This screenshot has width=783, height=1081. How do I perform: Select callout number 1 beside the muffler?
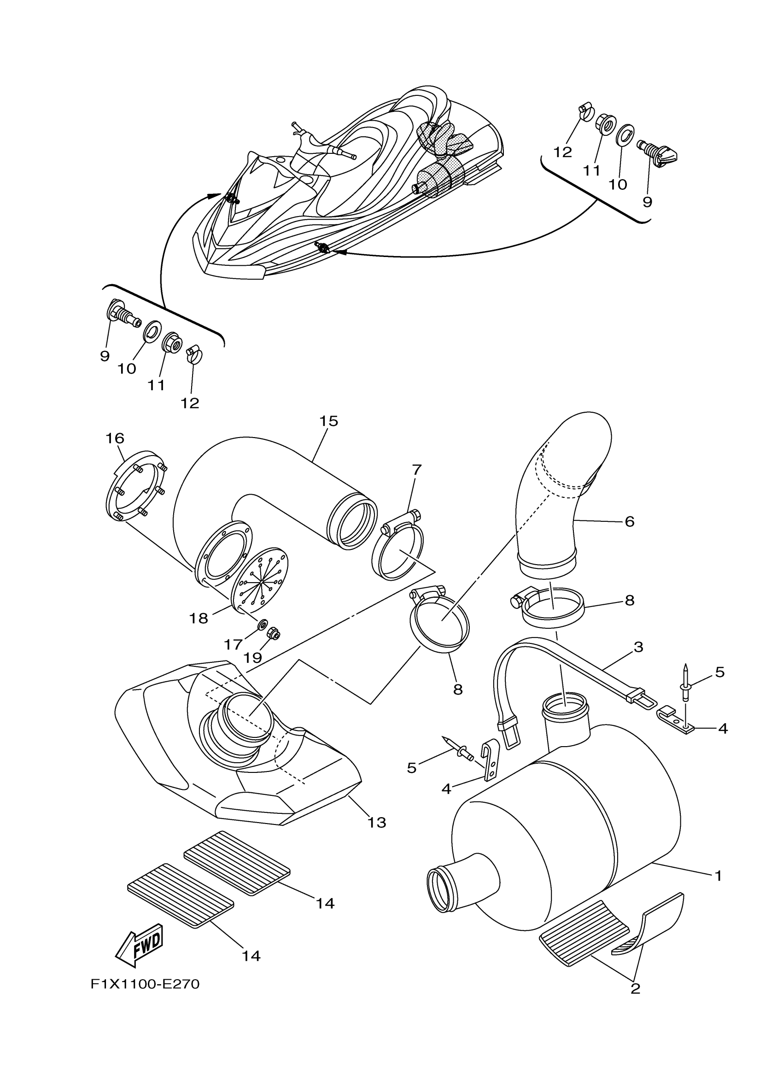(x=718, y=876)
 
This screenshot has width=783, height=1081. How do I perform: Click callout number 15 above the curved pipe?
(x=328, y=421)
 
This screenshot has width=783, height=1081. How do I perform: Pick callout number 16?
(x=115, y=438)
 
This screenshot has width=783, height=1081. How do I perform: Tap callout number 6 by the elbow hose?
(x=629, y=521)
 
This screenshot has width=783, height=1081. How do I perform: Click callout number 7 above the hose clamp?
(x=416, y=469)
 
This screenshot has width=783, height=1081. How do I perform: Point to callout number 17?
(x=233, y=644)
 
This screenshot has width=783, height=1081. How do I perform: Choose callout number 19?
(x=252, y=658)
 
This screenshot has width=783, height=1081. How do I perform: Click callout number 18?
(x=198, y=618)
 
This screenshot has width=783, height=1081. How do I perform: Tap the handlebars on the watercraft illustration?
(x=324, y=143)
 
